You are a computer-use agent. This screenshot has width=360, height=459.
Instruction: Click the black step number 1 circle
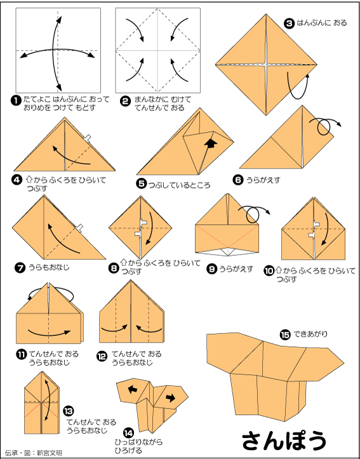(15, 101)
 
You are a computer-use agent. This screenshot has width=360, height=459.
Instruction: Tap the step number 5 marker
(142, 184)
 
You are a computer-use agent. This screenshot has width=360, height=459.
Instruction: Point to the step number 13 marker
(67, 411)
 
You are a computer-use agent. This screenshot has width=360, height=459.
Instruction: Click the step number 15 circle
(284, 335)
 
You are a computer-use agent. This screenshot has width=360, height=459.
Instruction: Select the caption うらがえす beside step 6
(263, 180)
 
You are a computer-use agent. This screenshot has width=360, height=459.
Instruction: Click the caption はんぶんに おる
(322, 23)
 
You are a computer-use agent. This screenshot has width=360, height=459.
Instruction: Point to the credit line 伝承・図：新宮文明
(33, 453)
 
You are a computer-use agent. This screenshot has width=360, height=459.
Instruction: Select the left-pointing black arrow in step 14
(133, 389)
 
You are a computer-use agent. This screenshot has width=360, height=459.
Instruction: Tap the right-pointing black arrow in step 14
(171, 397)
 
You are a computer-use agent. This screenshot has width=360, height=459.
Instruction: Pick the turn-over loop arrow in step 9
(253, 215)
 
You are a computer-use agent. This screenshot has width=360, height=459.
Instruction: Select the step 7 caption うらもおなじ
(49, 267)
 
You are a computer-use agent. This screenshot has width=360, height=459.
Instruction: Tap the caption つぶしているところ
(179, 185)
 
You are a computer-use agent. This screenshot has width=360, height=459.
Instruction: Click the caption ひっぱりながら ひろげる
(139, 446)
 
